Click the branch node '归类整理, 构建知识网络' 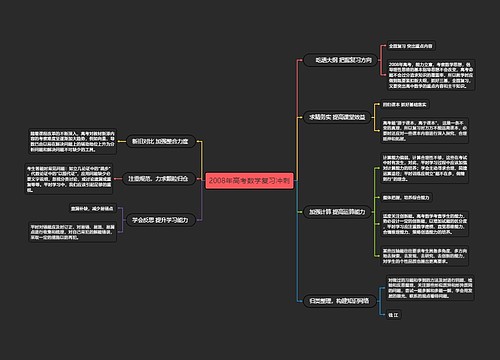[x=338, y=299]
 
